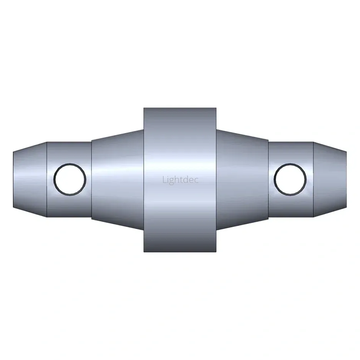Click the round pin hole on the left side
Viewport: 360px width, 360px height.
70,179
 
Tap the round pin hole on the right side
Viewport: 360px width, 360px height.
290,179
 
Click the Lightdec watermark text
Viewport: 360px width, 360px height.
181,180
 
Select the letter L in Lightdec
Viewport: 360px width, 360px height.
164,179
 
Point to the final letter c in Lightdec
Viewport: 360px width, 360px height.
196,181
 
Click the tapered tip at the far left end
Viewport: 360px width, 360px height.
30,179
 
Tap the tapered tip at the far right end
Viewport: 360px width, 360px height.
330,179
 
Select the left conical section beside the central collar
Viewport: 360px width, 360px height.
118,179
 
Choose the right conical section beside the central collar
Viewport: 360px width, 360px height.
242,179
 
